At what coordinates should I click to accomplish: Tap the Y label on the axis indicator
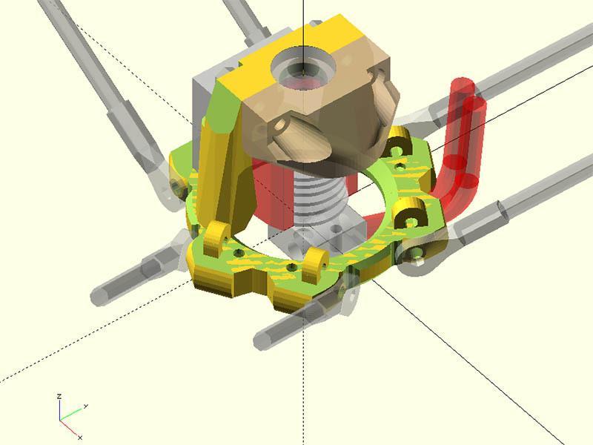pos(86,406)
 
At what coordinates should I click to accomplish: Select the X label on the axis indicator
pos(79,437)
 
